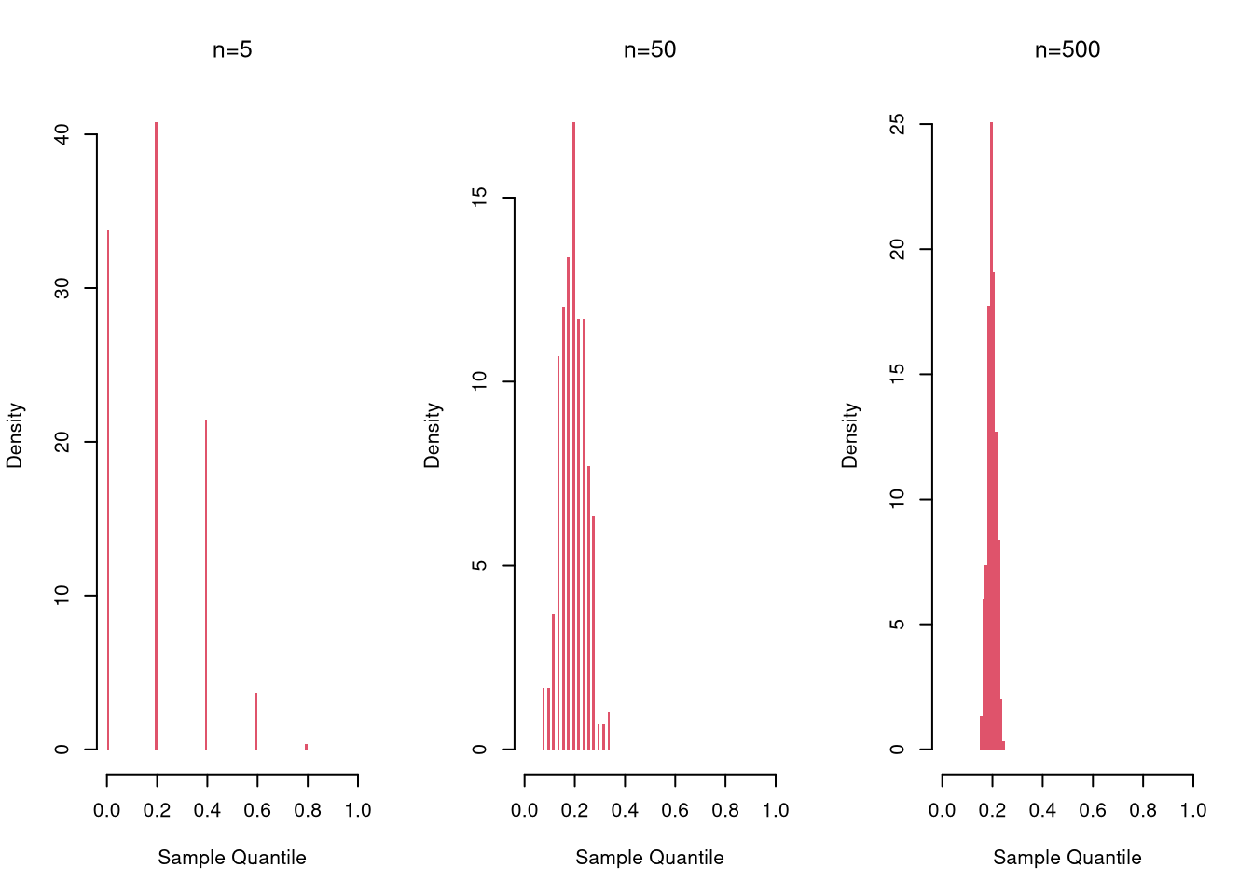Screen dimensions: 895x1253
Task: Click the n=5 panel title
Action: tap(232, 50)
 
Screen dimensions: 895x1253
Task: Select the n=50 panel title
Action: tap(650, 50)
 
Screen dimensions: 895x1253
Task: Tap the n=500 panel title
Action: tap(1067, 50)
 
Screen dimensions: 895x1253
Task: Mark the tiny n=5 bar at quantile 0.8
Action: tap(306, 746)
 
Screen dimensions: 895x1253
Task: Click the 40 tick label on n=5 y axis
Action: tap(62, 135)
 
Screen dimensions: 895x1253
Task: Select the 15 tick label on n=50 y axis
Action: tap(480, 198)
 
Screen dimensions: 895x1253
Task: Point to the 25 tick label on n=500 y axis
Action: tap(898, 124)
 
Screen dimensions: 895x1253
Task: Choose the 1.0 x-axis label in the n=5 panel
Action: tap(358, 811)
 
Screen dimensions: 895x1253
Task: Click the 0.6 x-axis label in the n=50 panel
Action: tap(675, 811)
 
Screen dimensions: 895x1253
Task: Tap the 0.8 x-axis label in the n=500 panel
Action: tap(1143, 811)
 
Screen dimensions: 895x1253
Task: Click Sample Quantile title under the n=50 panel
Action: tap(650, 858)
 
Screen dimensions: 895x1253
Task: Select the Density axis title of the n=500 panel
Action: tap(849, 435)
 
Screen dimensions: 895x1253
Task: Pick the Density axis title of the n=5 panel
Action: tap(14, 435)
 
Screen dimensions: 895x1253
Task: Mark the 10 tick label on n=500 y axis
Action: tap(898, 499)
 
